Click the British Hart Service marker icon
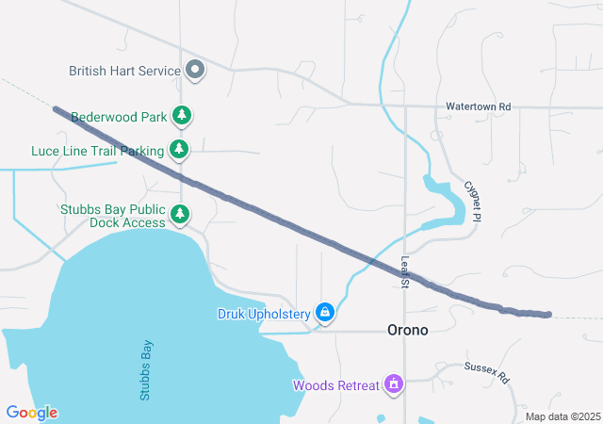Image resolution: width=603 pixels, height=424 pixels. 195,70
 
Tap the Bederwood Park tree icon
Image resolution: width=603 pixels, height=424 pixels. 182,117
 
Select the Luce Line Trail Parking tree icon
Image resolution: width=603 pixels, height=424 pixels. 179,149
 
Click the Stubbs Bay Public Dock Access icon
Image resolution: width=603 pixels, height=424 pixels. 180,216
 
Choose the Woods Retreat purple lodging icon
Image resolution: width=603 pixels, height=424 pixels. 394,384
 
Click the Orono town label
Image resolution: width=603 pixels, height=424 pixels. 408,330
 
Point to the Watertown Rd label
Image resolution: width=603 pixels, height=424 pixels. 478,107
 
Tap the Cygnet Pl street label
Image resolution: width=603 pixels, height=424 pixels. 473,202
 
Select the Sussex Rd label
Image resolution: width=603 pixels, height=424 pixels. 486,373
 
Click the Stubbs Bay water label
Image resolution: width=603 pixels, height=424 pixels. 146,370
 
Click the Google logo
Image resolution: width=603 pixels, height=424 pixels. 32,413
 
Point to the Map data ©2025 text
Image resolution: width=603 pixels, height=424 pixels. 562,416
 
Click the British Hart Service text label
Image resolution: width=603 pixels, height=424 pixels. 125,71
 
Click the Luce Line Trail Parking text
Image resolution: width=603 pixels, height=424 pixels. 97,150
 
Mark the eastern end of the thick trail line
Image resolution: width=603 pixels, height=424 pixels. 549,314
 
